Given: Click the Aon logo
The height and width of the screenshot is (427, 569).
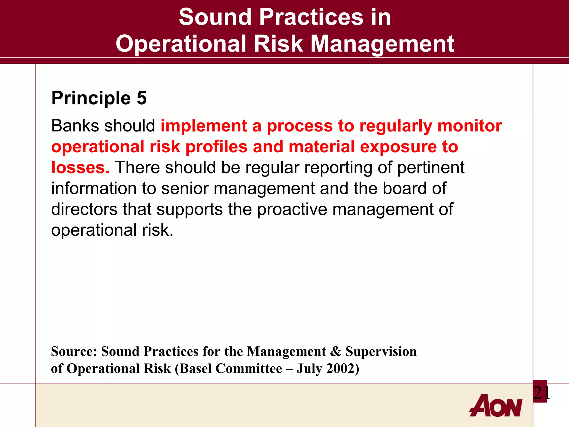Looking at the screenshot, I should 496,406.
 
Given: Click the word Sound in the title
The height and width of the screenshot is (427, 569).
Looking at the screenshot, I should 215,17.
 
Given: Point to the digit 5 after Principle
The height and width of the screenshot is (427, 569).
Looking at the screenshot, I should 141,98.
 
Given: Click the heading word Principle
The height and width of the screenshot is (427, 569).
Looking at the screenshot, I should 91,98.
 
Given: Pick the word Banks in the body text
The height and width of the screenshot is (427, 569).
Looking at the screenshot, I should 75,126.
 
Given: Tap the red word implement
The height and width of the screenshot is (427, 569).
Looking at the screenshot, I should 204,126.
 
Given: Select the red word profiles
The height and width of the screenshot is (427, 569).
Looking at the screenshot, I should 216,147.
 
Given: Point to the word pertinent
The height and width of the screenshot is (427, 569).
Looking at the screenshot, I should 431,168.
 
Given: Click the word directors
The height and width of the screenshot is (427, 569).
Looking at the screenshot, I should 84,209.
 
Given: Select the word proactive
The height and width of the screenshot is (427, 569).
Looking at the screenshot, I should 292,209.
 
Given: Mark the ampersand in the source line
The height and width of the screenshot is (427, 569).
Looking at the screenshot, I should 336,351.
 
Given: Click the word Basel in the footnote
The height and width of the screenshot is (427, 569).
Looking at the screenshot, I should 195,369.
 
